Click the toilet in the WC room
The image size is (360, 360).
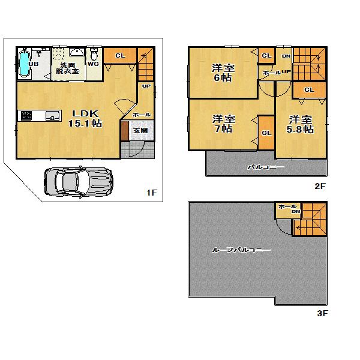tap(94, 55)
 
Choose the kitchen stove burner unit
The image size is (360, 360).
tap(27, 116)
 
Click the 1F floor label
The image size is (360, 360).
tap(151, 193)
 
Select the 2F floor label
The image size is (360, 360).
tap(320, 186)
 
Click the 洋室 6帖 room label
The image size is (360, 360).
tap(223, 72)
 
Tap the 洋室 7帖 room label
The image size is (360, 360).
tap(223, 124)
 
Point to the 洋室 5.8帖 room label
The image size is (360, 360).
tap(300, 124)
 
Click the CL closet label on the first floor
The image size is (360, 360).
tap(119, 56)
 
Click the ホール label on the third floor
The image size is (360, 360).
tap(284, 206)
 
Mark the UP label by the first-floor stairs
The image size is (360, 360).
tap(146, 86)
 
